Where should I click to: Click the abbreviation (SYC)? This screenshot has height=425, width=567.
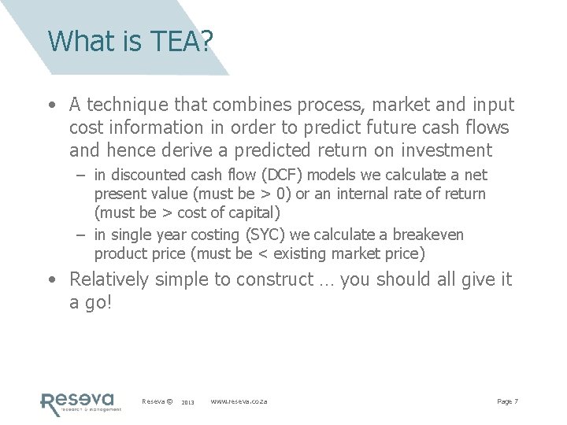tap(257, 235)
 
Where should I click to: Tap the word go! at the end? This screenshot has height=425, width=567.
tap(98, 301)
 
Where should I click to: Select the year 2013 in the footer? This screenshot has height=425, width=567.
tap(187, 402)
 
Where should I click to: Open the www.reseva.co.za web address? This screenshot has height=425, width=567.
tap(239, 401)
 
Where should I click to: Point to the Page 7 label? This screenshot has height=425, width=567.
tap(507, 401)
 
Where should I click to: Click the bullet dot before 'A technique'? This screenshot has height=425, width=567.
tap(51, 105)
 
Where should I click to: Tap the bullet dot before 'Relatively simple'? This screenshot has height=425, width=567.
tap(51, 279)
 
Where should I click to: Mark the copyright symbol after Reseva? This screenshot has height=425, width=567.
tap(170, 401)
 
